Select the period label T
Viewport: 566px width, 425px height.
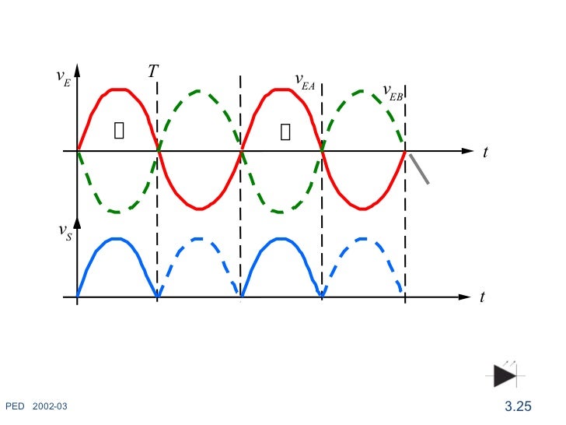pyautogui.click(x=153, y=72)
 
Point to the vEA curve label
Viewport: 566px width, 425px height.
pyautogui.click(x=304, y=80)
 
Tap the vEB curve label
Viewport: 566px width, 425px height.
pyautogui.click(x=393, y=93)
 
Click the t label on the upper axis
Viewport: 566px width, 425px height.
pyautogui.click(x=485, y=153)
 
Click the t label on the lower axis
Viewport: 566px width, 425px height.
pyautogui.click(x=483, y=297)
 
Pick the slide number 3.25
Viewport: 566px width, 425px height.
pyautogui.click(x=518, y=406)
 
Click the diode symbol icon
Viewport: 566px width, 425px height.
pyautogui.click(x=505, y=375)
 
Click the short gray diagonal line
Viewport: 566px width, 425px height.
pyautogui.click(x=420, y=169)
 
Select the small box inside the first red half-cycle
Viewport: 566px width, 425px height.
pyautogui.click(x=119, y=130)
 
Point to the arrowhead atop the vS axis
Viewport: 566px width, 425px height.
pyautogui.click(x=77, y=223)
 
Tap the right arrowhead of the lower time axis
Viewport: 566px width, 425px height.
pyautogui.click(x=466, y=297)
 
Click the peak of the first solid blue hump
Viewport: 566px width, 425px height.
pyautogui.click(x=117, y=238)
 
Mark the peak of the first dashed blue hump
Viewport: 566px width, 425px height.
pyautogui.click(x=200, y=239)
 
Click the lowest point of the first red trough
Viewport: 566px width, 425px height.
pyautogui.click(x=200, y=209)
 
